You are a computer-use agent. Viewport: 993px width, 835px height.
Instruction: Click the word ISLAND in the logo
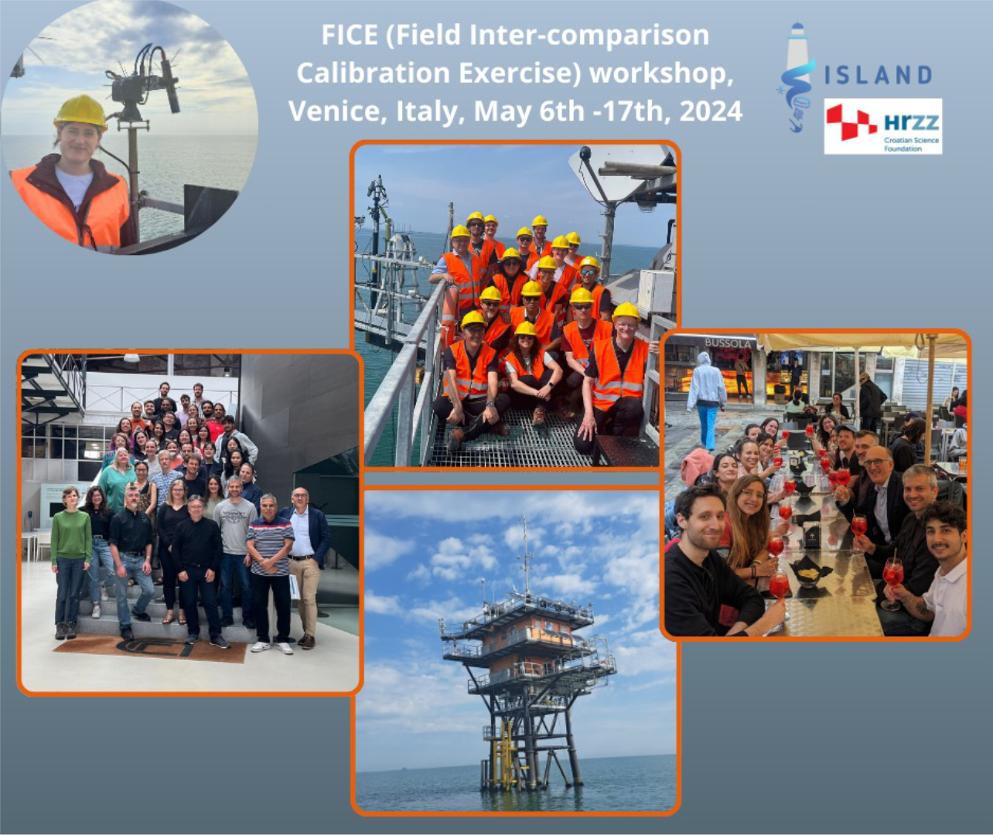coord(878,75)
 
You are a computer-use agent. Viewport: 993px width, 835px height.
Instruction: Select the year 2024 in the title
coord(711,111)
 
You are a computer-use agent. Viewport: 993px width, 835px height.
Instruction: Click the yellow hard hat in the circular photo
coord(80,112)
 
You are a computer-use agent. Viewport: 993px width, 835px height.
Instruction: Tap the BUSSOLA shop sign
coord(728,343)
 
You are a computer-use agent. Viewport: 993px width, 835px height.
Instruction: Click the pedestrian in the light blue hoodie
coord(706,400)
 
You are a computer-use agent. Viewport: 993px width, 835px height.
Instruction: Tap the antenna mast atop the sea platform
coord(524,552)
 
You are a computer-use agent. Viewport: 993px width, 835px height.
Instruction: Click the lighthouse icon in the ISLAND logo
coord(796,76)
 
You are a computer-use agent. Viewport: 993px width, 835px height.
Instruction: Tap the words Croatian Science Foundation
coord(911,144)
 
